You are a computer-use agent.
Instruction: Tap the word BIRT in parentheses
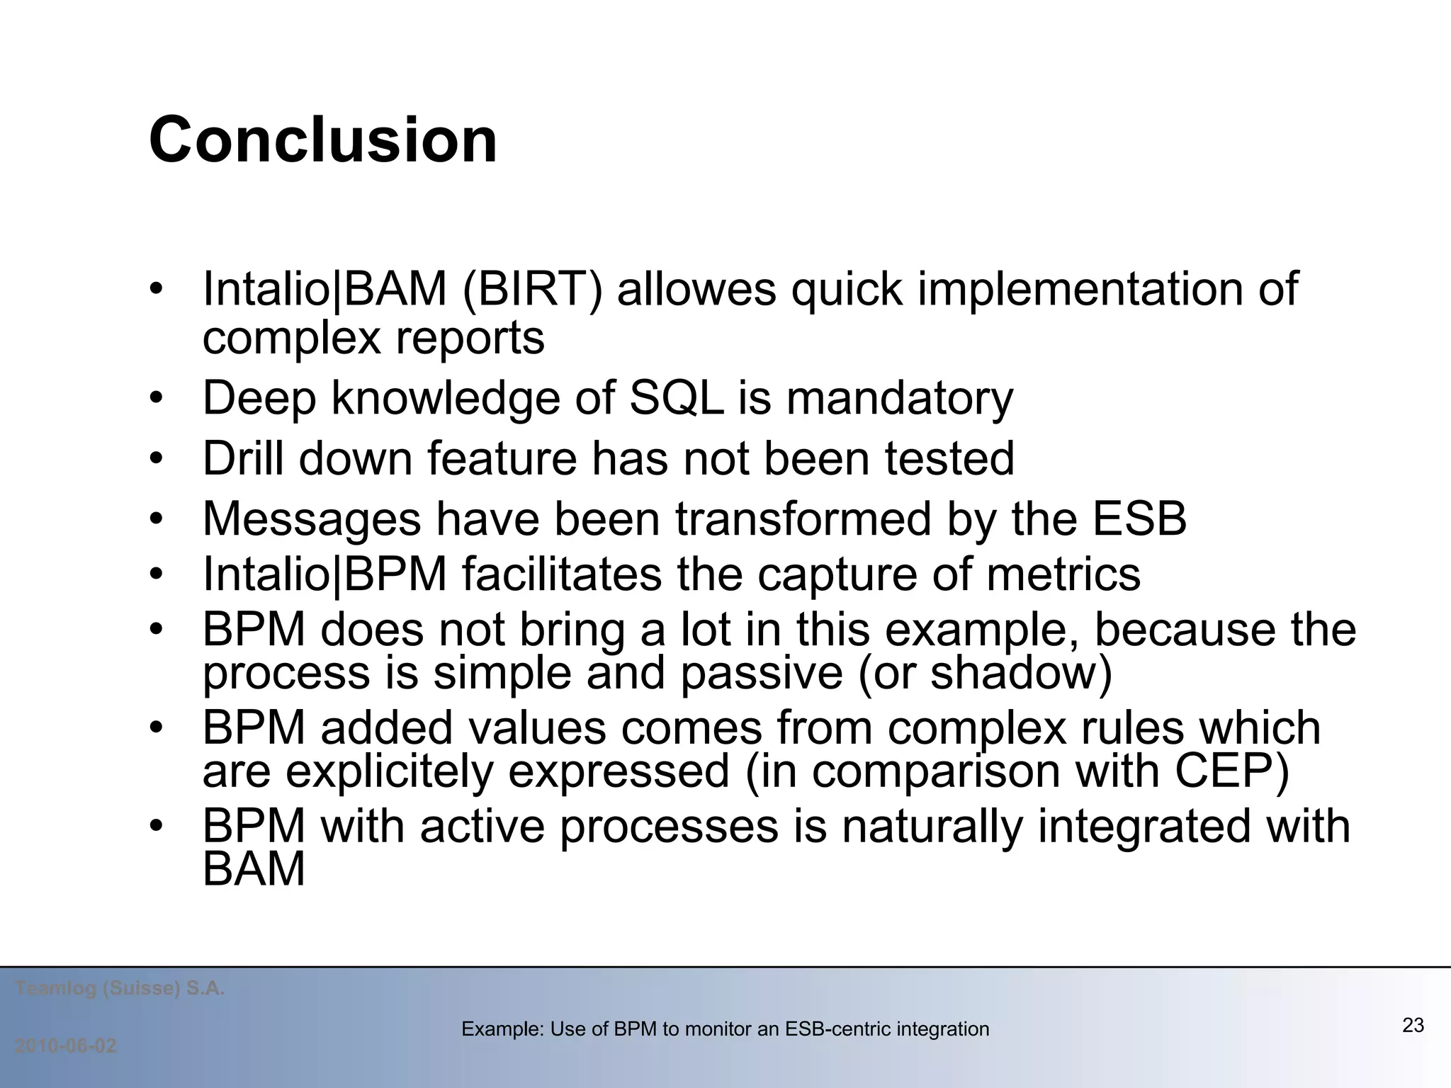point(532,290)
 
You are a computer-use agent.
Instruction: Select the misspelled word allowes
point(696,290)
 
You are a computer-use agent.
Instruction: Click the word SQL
point(676,398)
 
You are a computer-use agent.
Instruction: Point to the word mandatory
point(900,398)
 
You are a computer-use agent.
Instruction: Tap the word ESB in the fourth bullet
point(1139,518)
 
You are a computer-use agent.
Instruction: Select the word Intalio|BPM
point(325,574)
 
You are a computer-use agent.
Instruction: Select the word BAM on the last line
point(254,869)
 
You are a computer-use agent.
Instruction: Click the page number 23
point(1413,1025)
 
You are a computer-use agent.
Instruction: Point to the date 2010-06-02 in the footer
point(66,1046)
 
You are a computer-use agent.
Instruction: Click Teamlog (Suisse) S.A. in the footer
point(120,988)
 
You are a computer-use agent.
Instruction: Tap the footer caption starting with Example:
point(725,1029)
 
